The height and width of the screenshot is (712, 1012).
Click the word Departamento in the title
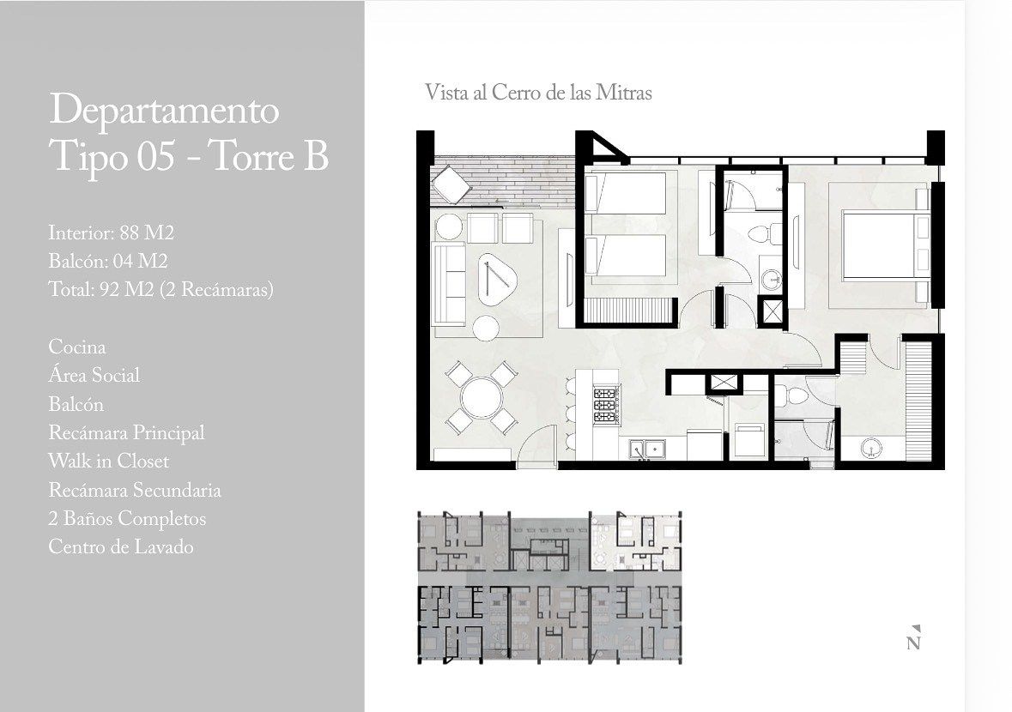coord(164,111)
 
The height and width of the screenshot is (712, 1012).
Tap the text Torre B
coord(270,157)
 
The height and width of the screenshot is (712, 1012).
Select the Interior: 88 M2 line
coord(112,232)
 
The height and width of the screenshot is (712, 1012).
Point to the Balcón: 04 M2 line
coord(108,261)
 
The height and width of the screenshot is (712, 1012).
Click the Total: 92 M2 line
coord(161,290)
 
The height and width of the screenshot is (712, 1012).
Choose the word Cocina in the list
coord(76,347)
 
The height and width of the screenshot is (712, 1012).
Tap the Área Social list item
coord(94,375)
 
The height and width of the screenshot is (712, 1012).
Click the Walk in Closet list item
coord(108,462)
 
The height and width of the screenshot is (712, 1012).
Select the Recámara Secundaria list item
coord(134,490)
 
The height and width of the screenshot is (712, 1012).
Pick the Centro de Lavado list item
coord(121,547)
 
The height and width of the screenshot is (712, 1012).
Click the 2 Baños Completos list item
coord(127,518)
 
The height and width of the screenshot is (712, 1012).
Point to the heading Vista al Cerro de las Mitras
coord(538,93)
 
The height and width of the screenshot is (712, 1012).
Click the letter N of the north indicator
coord(913,643)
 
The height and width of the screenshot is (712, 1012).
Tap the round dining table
coord(481,396)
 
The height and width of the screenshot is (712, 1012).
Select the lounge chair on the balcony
coord(451,184)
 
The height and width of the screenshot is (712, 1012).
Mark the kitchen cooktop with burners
coord(606,405)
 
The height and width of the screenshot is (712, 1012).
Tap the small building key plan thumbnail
coord(550,587)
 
